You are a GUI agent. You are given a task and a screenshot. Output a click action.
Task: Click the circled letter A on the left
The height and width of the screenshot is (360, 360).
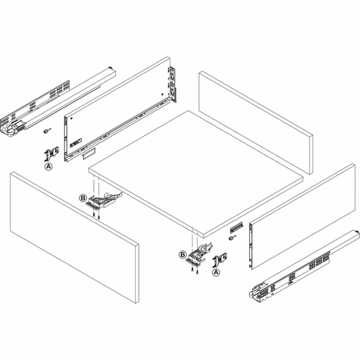tap(48, 168)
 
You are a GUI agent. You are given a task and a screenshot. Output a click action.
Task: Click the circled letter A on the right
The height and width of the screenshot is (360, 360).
tap(217, 271)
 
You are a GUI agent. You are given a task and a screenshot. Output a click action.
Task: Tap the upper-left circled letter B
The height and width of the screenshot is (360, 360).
tap(83, 198)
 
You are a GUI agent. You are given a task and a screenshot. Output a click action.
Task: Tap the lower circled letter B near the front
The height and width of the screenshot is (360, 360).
tap(181, 255)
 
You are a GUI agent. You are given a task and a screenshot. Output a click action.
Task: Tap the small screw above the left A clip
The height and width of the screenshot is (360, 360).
tap(46, 132)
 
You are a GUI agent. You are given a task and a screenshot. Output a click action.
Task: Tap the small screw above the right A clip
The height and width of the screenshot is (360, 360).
tap(232, 237)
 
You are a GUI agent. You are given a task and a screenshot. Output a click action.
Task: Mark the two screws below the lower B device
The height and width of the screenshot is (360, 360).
tap(192, 271)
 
